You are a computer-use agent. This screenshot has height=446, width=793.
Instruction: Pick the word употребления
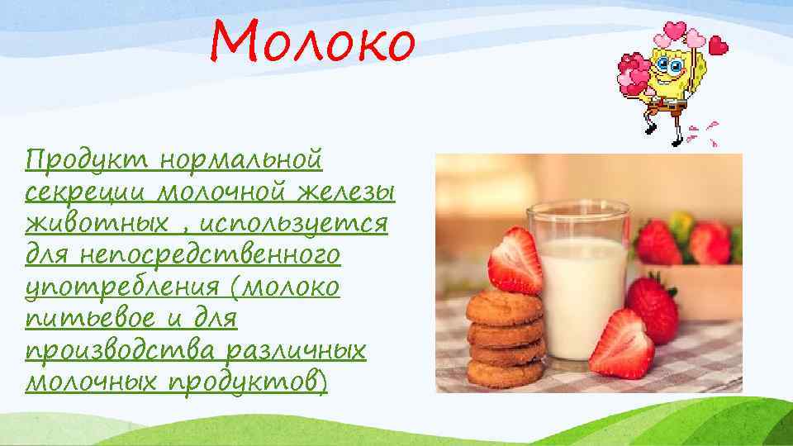pyautogui.click(x=116, y=288)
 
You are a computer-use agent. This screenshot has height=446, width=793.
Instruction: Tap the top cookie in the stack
pyautogui.click(x=504, y=307)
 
